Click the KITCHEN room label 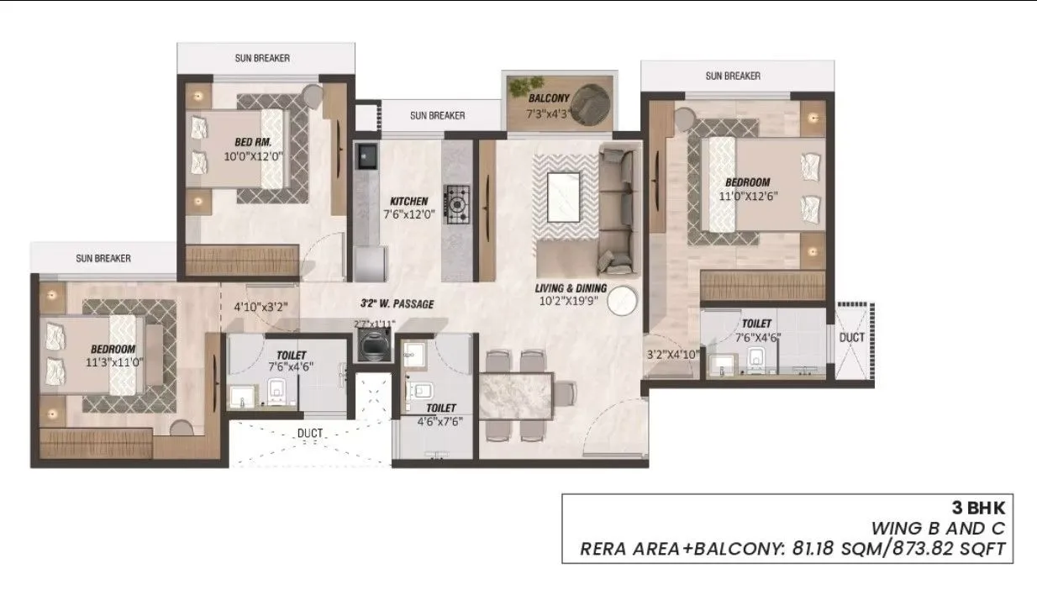click(408, 202)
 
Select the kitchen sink click(367, 157)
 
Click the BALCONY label click(549, 98)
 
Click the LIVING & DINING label click(571, 289)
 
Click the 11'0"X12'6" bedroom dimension click(747, 198)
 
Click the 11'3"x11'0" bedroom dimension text click(113, 364)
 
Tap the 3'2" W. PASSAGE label click(397, 303)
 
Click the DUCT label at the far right click(851, 337)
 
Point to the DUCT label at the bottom click(310, 434)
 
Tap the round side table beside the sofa click(622, 300)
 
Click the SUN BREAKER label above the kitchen click(437, 115)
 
